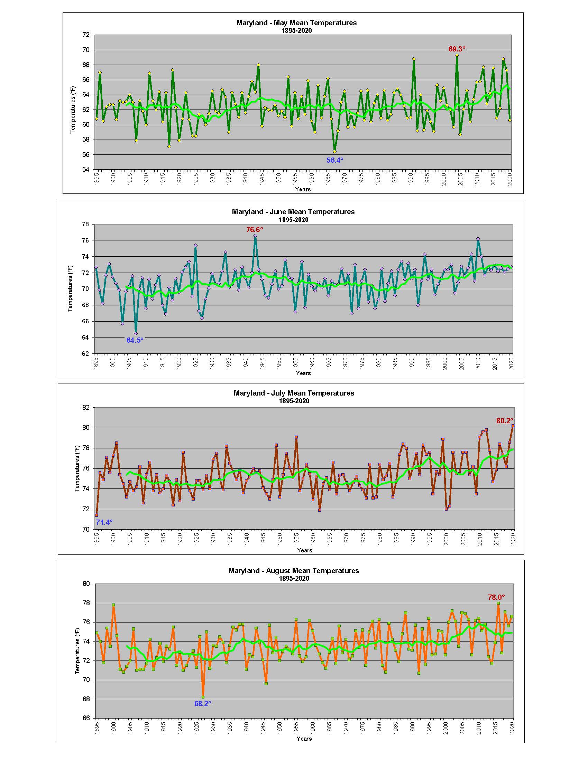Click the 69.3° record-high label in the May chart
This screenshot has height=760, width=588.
tap(457, 49)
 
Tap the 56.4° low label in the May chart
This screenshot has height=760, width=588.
tap(334, 160)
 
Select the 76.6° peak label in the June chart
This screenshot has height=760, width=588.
tap(255, 230)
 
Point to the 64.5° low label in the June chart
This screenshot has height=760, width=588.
tap(135, 340)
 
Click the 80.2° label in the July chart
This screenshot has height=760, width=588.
tap(504, 421)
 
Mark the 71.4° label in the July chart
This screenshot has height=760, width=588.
tap(104, 522)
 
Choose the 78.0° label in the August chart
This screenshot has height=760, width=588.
tap(496, 597)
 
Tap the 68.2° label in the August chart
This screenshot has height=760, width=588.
tap(202, 703)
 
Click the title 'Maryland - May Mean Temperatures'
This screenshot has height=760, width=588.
tap(296, 23)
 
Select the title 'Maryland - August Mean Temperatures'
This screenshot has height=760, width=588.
tap(294, 571)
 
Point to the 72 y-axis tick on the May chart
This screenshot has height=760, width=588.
tap(86, 35)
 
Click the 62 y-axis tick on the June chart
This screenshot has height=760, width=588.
tap(85, 353)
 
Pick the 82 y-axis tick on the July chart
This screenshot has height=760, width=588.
tap(86, 407)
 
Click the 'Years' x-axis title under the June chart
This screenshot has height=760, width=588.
tap(303, 373)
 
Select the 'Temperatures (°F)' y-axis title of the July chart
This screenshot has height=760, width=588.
tap(77, 468)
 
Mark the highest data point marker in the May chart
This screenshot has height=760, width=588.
tap(457, 55)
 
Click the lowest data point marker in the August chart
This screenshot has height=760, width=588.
tap(203, 697)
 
